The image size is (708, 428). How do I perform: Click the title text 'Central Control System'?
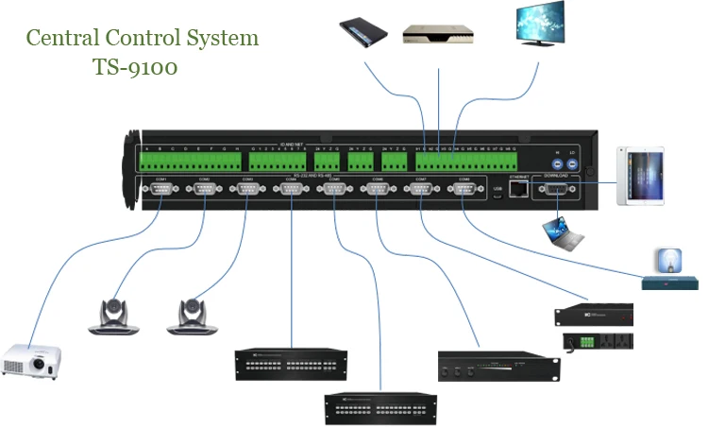point(142,39)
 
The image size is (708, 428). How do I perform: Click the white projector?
point(31,359)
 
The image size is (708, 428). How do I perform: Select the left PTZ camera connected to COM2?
point(114,316)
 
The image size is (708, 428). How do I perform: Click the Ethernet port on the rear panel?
point(518,188)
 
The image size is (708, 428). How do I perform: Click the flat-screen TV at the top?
point(540,26)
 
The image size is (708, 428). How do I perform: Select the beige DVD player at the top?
point(437,33)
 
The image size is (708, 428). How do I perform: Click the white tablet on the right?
point(640,177)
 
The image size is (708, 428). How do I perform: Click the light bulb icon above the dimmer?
point(666,260)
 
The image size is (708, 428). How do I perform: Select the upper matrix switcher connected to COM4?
point(291,363)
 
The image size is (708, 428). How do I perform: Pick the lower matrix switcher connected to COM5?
point(379,405)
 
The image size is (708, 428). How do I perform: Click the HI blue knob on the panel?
point(557,162)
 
